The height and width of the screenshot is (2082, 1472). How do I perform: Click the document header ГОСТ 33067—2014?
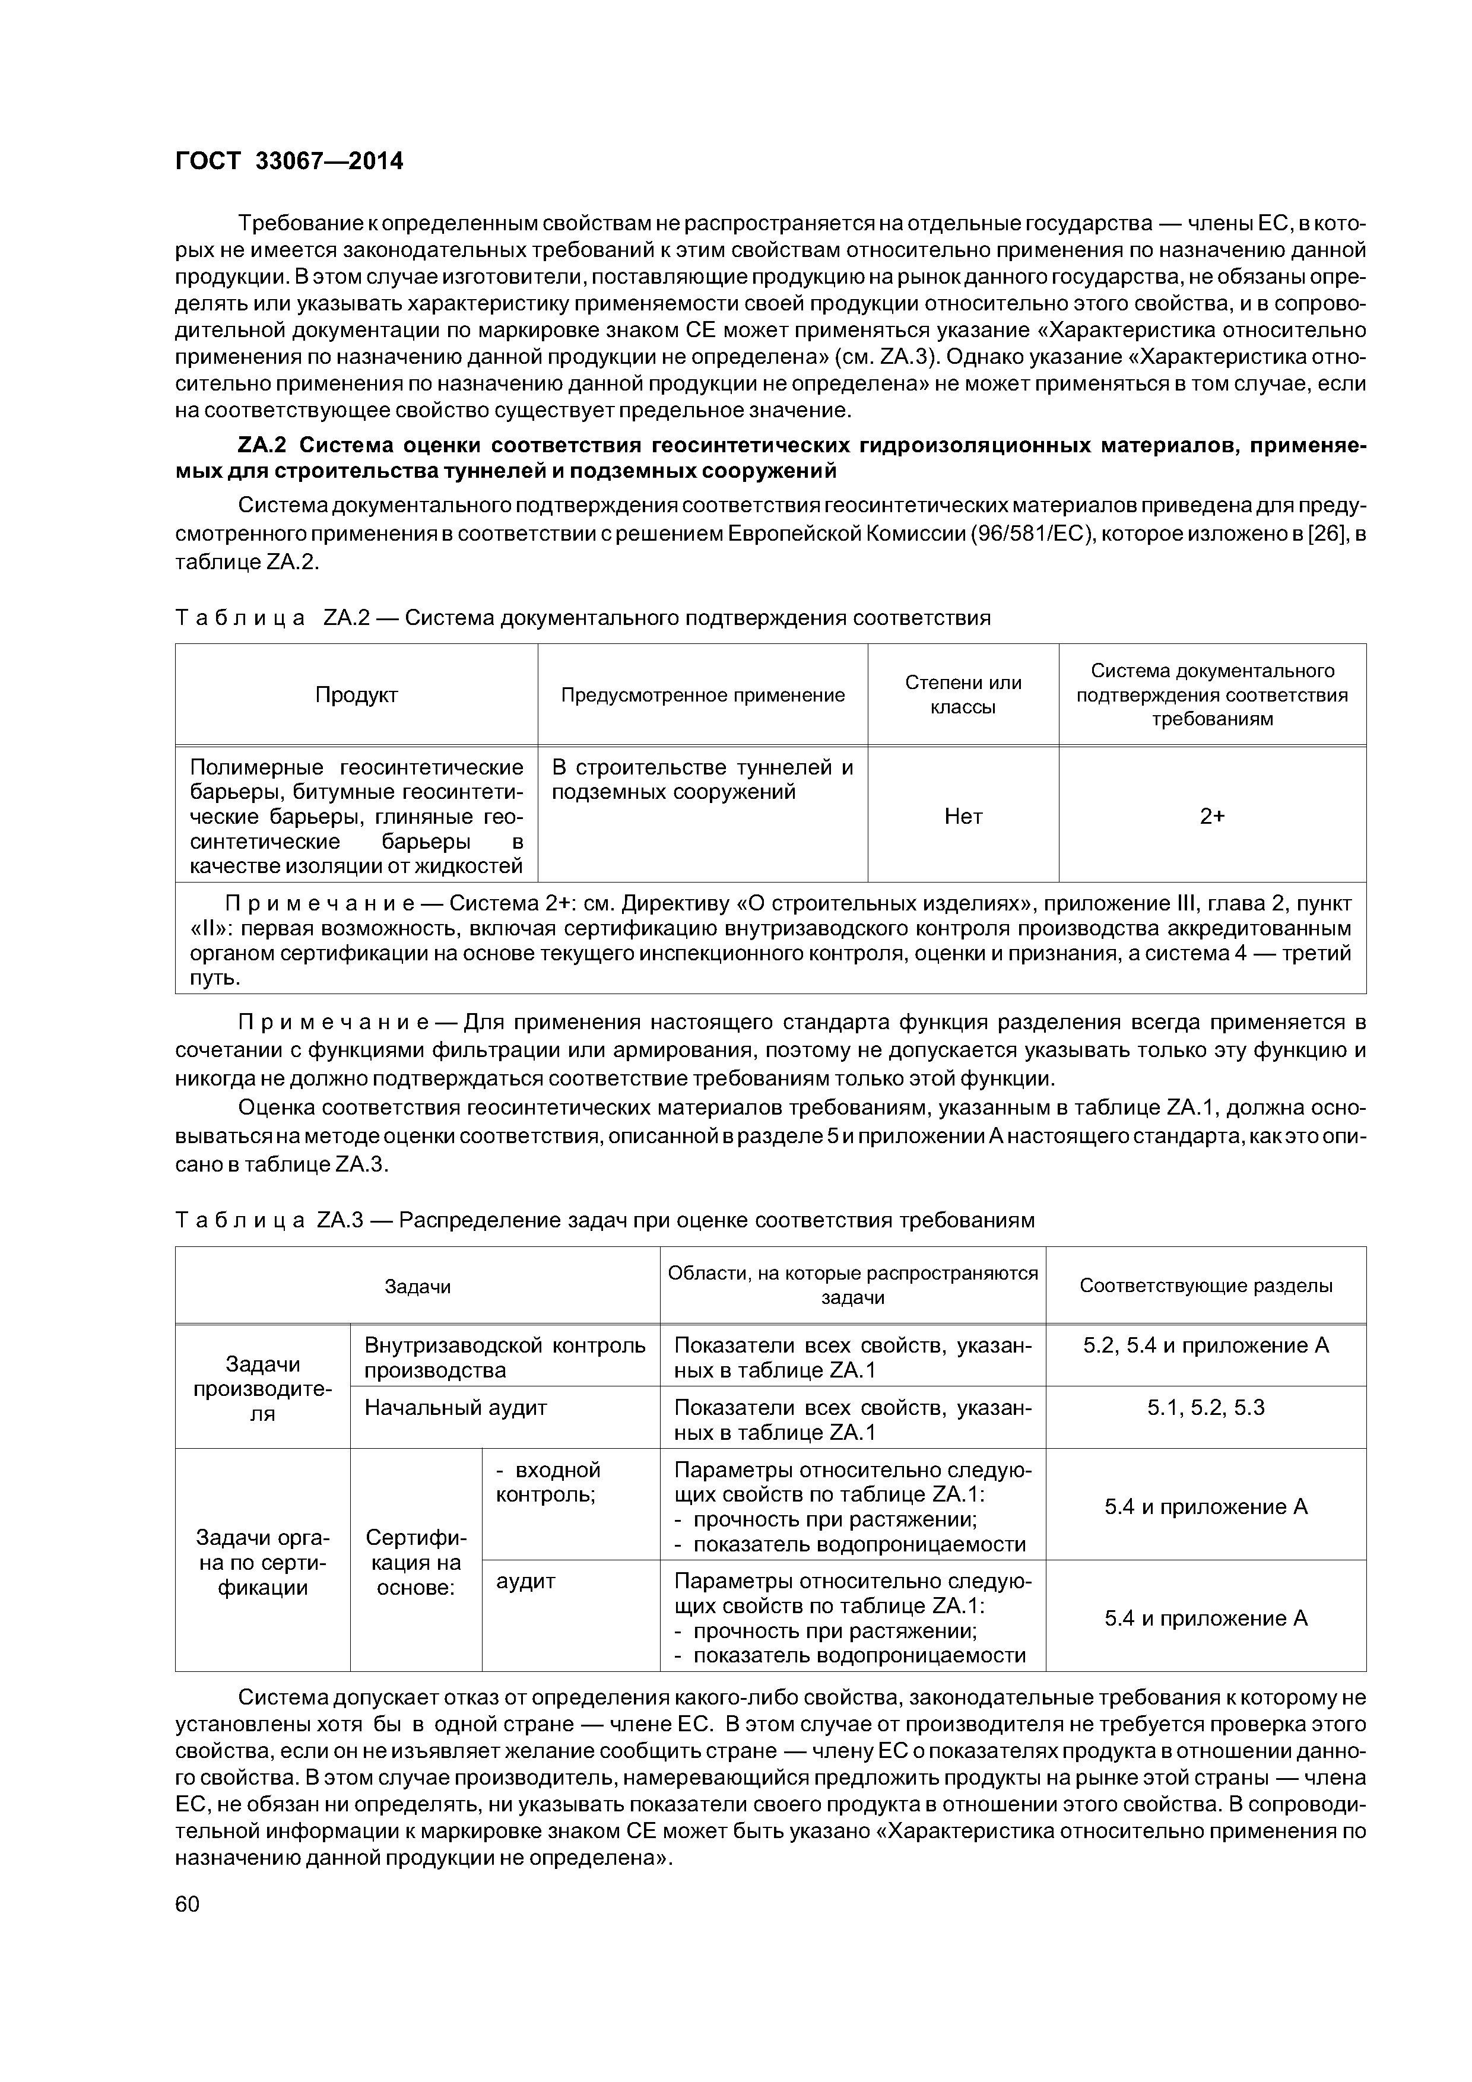(x=288, y=161)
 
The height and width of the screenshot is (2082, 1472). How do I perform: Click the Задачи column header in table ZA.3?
(x=417, y=1286)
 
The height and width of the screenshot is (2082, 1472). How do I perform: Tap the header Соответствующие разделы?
(x=1205, y=1286)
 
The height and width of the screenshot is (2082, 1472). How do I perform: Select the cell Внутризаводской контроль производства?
(x=505, y=1357)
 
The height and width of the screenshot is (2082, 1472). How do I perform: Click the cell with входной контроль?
(x=547, y=1482)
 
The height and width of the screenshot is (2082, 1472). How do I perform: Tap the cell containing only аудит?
(x=526, y=1582)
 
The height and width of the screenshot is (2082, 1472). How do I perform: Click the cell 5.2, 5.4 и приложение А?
(x=1205, y=1345)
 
